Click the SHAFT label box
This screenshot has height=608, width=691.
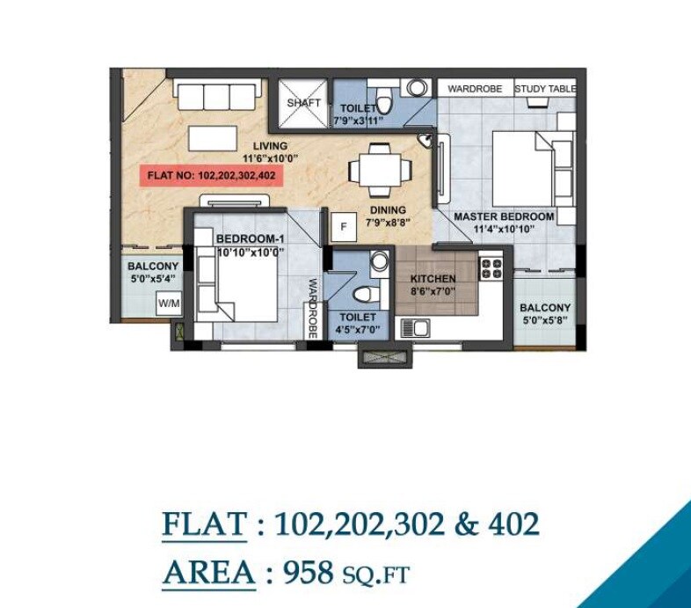(303, 103)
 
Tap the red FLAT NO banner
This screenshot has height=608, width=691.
(212, 175)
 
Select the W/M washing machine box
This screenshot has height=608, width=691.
(168, 304)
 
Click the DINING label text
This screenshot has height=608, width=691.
(388, 210)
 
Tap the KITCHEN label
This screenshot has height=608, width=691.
(433, 279)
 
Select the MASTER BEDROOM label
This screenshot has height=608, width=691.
(504, 216)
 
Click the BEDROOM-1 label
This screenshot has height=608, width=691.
(250, 238)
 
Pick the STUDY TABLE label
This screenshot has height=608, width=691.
(545, 89)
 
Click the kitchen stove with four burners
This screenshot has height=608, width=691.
(491, 267)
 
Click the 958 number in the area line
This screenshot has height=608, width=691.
(308, 574)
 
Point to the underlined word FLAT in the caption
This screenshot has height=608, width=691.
(204, 524)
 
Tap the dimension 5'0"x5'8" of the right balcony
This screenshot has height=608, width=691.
(545, 319)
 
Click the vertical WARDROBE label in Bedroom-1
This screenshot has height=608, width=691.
(312, 308)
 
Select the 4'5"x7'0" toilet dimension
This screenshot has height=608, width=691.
(356, 329)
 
